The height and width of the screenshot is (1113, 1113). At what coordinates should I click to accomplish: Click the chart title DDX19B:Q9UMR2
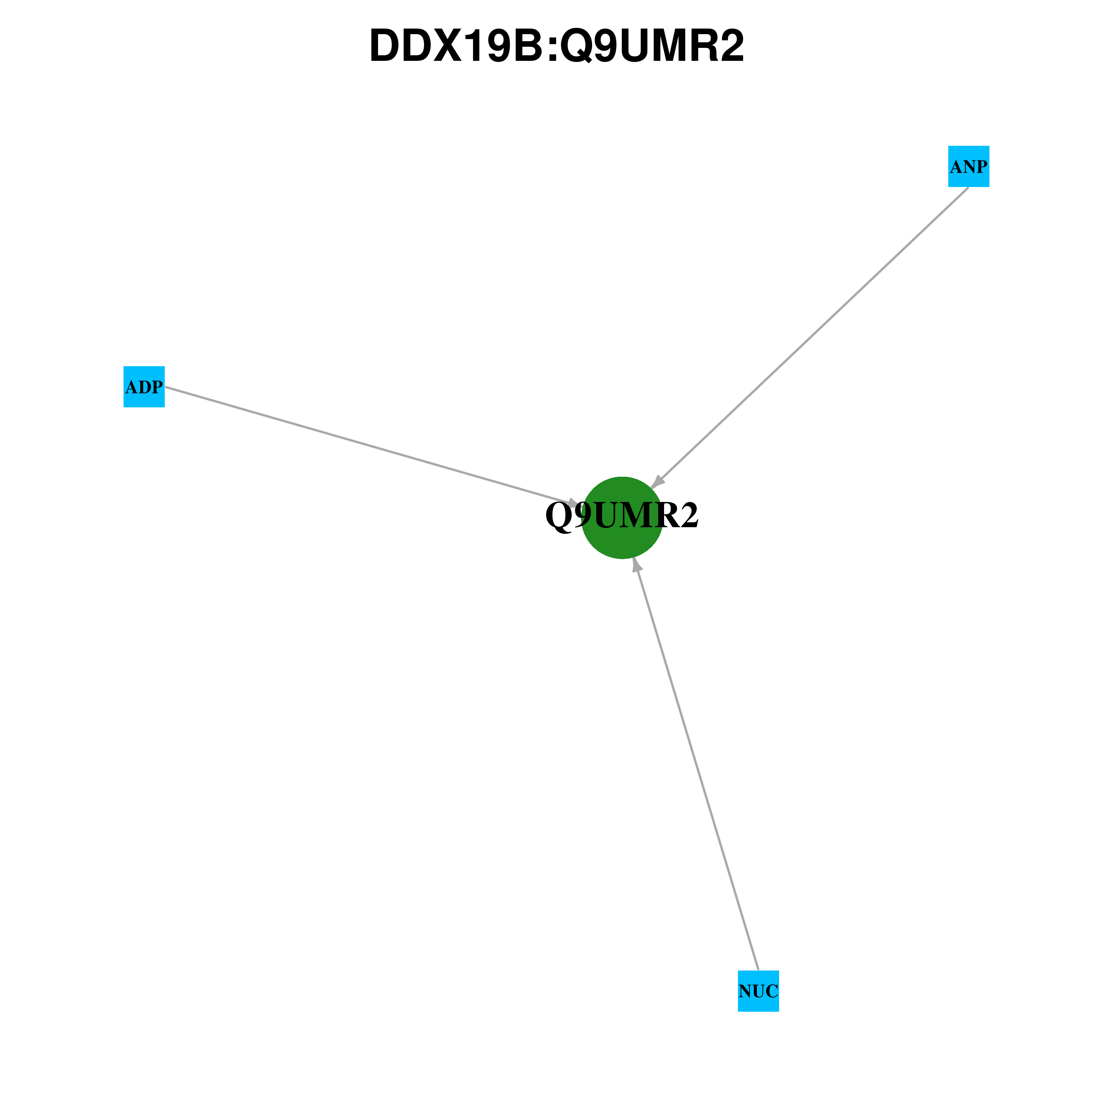click(556, 46)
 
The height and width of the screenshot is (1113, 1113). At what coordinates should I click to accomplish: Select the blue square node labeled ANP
click(968, 167)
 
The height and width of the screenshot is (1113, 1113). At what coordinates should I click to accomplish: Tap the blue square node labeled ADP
click(144, 387)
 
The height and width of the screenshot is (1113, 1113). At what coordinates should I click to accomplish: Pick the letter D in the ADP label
click(144, 387)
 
